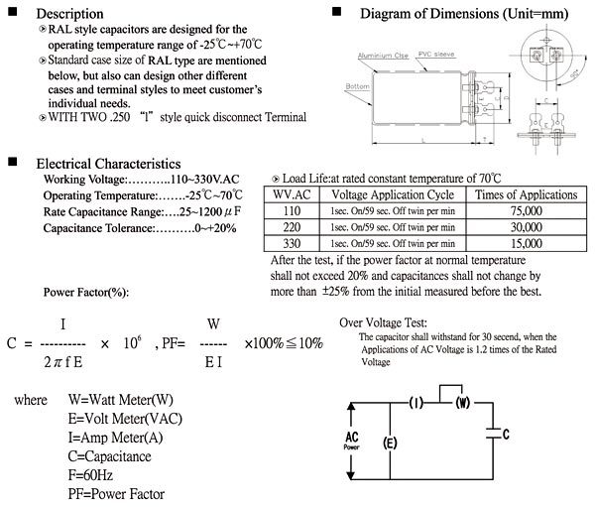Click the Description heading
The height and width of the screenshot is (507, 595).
click(x=69, y=13)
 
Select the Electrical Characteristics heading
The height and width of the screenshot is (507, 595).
click(x=108, y=162)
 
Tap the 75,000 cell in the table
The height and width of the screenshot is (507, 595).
click(x=527, y=211)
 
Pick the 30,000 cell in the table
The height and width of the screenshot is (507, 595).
click(x=527, y=227)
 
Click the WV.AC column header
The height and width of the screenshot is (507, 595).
click(x=290, y=195)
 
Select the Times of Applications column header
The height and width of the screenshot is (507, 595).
click(x=527, y=195)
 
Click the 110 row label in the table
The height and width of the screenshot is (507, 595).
click(x=290, y=211)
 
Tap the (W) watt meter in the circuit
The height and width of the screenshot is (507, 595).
click(x=461, y=402)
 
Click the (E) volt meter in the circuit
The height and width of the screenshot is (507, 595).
click(x=389, y=443)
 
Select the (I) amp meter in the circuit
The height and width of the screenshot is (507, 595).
click(x=417, y=402)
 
